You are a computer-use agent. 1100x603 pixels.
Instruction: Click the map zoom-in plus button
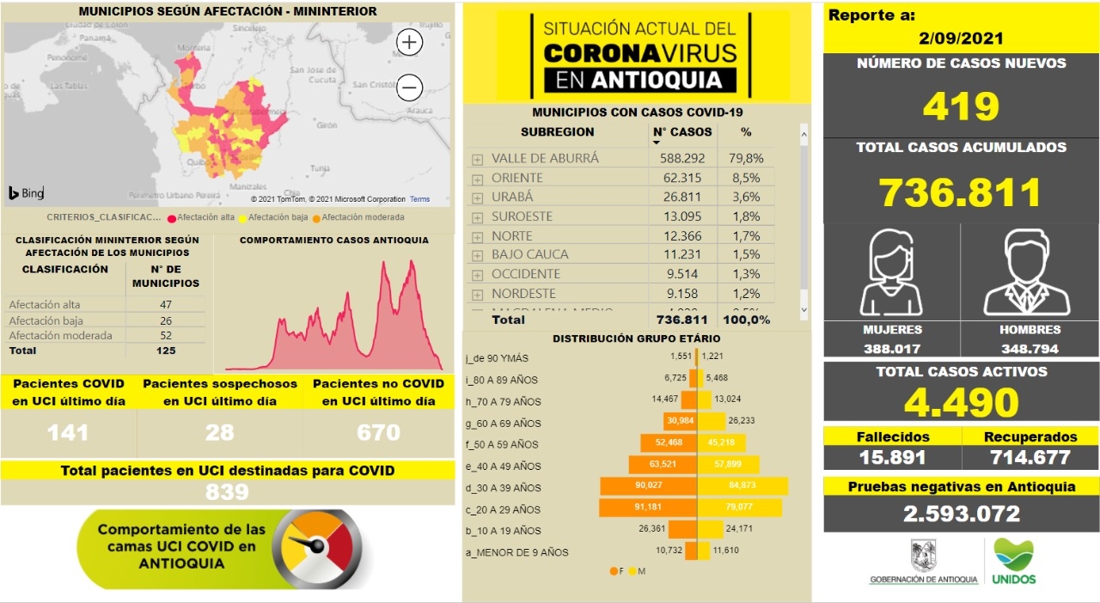(410, 42)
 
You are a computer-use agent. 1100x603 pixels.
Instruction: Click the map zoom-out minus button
(410, 88)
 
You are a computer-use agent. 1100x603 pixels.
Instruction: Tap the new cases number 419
(961, 107)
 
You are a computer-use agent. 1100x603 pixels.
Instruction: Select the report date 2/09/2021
(961, 39)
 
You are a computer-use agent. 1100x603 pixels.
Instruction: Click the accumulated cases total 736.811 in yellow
(961, 192)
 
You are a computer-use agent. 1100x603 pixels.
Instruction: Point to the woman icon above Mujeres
(891, 274)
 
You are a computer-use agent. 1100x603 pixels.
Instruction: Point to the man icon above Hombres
(1028, 274)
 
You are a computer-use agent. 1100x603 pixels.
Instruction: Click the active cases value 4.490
(961, 402)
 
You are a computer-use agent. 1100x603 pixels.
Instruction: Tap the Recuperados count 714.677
(1029, 458)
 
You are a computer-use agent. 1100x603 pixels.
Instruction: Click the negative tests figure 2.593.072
(961, 514)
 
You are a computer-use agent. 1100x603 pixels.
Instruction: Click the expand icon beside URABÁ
(477, 198)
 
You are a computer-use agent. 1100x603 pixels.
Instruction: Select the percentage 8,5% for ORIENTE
(746, 178)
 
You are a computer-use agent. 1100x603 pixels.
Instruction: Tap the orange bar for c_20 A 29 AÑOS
(649, 509)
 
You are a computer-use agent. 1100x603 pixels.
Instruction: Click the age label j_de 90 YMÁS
(498, 358)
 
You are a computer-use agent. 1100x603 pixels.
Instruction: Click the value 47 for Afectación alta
(166, 305)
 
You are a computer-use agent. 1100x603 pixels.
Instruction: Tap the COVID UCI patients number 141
(68, 432)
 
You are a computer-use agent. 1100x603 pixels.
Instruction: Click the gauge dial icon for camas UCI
(315, 548)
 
